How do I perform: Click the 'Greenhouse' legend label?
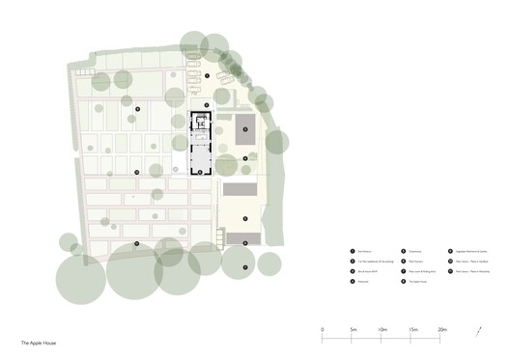coord(413,252)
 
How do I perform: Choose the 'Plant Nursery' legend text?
coord(414,262)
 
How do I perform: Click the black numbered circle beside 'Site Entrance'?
coord(352,252)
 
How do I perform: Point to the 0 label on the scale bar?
coord(323,330)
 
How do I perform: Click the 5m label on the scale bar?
coord(354,330)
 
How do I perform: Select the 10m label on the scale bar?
coord(383,330)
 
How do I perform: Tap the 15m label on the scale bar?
coord(413,330)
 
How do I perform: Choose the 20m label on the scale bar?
coord(443,330)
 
